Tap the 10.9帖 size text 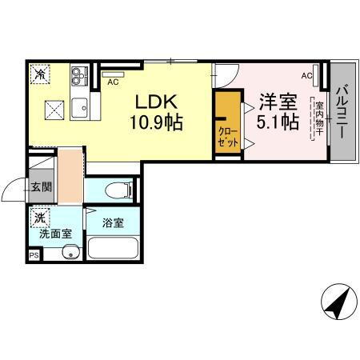click(157, 124)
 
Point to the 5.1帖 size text click(278, 122)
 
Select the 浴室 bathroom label click(113, 222)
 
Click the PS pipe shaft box click(34, 254)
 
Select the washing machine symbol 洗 click(40, 216)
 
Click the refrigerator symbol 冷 click(39, 74)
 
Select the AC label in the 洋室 click(306, 75)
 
